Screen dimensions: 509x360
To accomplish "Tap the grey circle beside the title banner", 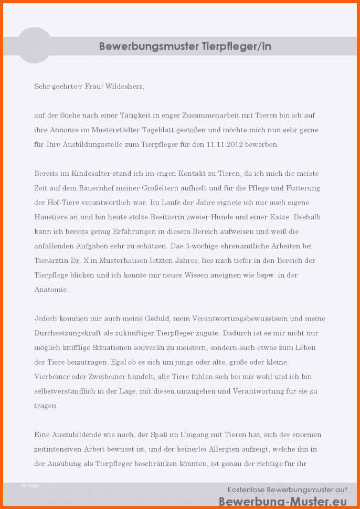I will (x=35, y=45).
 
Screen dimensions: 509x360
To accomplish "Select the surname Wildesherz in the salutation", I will (x=124, y=86).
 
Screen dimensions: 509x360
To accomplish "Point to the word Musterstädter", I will (x=111, y=130).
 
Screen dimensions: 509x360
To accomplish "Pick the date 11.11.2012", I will (x=225, y=144).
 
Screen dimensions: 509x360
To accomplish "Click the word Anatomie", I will (x=51, y=290).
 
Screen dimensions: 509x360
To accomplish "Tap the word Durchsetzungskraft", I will (x=68, y=333).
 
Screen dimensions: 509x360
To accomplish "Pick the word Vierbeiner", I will (x=53, y=377).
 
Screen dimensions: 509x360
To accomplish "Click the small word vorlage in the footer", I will (x=30, y=485).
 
